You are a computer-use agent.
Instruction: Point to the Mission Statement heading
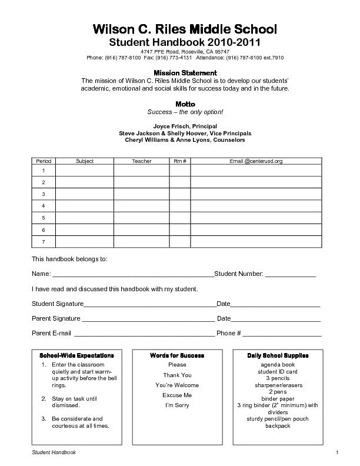point(185,72)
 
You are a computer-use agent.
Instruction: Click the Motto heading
point(185,104)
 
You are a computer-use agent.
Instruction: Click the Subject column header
point(85,161)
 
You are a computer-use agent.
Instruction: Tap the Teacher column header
point(141,161)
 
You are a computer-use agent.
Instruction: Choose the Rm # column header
point(180,161)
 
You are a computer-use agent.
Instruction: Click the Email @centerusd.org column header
point(256,161)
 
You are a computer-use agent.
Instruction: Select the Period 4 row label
point(43,206)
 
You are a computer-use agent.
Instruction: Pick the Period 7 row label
point(43,242)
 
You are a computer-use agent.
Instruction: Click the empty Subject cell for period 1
point(85,171)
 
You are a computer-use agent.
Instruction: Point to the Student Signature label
point(58,304)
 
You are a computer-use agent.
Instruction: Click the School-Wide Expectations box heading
point(76,356)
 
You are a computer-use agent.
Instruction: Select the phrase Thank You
point(177,375)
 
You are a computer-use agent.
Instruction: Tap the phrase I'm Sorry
point(177,405)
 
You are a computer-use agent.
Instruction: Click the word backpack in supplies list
point(278,426)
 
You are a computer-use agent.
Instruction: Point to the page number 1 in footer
point(337,452)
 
